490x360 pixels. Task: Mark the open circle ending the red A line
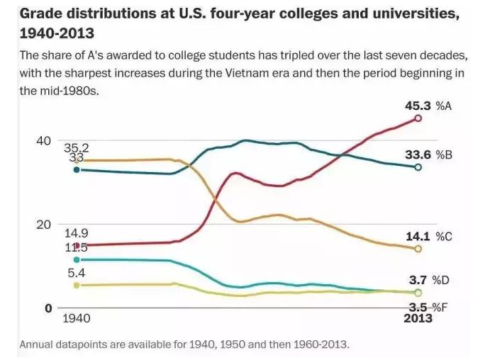tap(418, 118)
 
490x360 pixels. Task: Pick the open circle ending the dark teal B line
tap(418, 167)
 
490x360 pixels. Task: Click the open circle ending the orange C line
tap(418, 249)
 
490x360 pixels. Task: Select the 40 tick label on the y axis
tap(44, 141)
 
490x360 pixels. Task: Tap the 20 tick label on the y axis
tap(44, 225)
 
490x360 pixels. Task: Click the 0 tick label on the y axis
tap(48, 308)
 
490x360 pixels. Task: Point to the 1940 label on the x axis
tap(77, 319)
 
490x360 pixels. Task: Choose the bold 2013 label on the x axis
tap(418, 318)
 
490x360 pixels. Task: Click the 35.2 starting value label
tap(76, 148)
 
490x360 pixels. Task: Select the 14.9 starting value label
tap(76, 233)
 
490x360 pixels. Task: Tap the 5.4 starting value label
tap(76, 272)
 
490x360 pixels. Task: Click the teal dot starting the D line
tap(77, 260)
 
